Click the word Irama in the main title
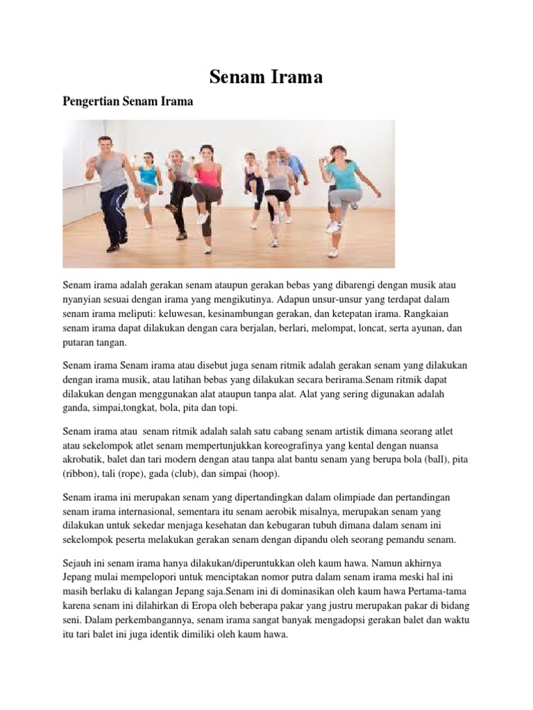(x=296, y=77)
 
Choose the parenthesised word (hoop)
(x=257, y=474)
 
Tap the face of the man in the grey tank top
(x=105, y=146)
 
